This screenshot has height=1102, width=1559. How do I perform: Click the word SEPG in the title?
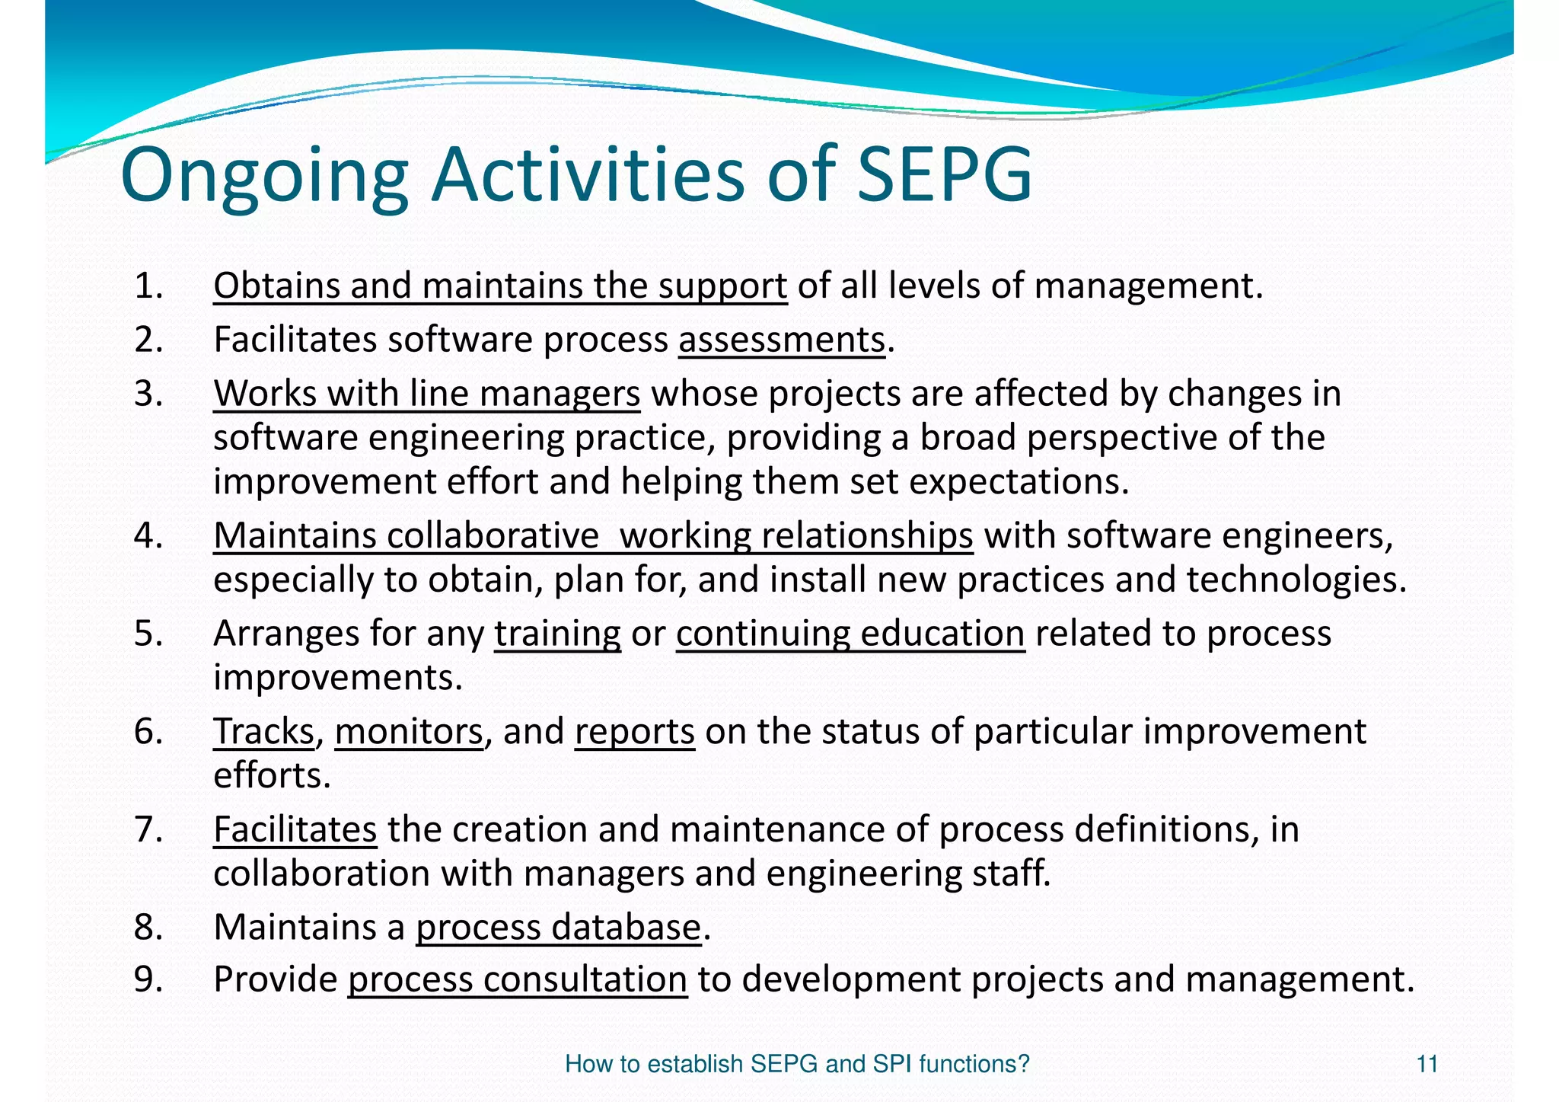click(x=944, y=175)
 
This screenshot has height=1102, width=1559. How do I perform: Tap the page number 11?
click(x=1427, y=1063)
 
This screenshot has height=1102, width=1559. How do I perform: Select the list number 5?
click(x=148, y=634)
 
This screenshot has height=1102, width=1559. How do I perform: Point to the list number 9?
click(x=148, y=979)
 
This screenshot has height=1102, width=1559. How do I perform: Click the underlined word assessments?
click(x=782, y=340)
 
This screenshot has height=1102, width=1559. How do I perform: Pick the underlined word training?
click(x=557, y=634)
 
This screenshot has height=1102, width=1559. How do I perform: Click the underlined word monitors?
click(x=409, y=731)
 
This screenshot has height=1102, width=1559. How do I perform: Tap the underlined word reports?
click(x=634, y=731)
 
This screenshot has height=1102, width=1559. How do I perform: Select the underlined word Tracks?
click(x=263, y=731)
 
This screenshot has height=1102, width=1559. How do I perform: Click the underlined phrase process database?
click(x=558, y=927)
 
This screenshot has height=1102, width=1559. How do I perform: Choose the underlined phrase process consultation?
click(x=518, y=979)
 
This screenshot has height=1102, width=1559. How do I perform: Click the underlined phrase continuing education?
click(x=850, y=634)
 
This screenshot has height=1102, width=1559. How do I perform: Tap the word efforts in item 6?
click(x=271, y=775)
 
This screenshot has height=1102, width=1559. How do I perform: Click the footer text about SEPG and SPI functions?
click(x=796, y=1063)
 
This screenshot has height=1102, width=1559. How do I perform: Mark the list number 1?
click(x=148, y=286)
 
